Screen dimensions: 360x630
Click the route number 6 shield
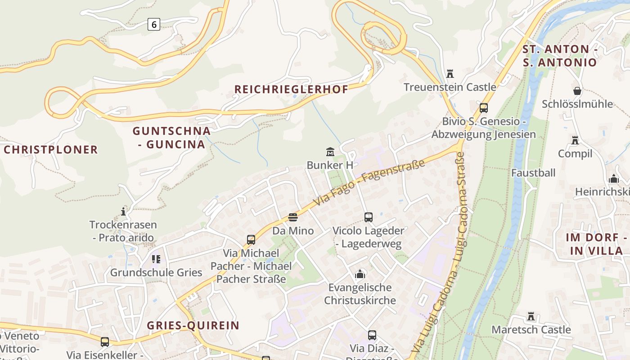tap(153, 24)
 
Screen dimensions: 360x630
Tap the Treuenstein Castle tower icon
tap(450, 74)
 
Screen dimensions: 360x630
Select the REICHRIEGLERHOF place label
tap(291, 89)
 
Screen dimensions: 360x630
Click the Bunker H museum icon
tap(330, 152)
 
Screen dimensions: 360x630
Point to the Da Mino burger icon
tap(293, 218)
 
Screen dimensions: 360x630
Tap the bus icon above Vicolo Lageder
tap(368, 217)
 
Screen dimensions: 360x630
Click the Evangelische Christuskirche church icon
tap(360, 274)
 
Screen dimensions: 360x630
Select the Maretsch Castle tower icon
tap(531, 316)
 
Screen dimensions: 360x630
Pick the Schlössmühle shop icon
tap(577, 91)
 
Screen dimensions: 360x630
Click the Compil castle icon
tap(575, 140)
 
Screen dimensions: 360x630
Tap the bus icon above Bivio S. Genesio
tap(484, 108)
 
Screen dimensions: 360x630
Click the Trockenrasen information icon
tap(123, 211)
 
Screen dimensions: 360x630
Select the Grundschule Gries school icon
tap(156, 259)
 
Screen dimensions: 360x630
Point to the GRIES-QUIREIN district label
tap(193, 325)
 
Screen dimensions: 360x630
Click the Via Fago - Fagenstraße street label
tap(369, 183)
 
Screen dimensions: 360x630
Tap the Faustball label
tap(533, 173)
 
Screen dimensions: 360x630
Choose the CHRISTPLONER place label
tap(51, 150)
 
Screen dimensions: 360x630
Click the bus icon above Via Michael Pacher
tap(251, 240)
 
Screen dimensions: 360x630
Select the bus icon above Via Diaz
tap(372, 335)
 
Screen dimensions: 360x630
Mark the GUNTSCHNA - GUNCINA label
tap(171, 138)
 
